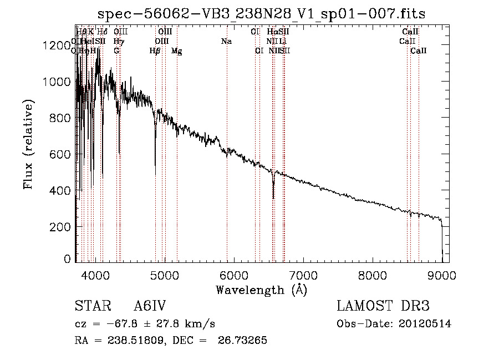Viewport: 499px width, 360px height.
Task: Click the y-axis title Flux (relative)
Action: pos(28,144)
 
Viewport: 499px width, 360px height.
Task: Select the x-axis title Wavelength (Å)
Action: pos(261,290)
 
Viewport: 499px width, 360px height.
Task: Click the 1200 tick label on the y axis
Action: pos(55,45)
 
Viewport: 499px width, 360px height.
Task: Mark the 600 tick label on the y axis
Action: pos(59,154)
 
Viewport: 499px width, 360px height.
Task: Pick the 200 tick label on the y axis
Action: pos(59,227)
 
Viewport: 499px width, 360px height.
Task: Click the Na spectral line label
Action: pos(226,41)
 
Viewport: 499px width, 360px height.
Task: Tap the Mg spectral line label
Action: pos(176,51)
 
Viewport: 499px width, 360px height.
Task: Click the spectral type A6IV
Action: pos(150,307)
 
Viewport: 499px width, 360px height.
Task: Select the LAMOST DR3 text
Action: pos(383,307)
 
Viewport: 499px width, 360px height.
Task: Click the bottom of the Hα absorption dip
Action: pos(273,197)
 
